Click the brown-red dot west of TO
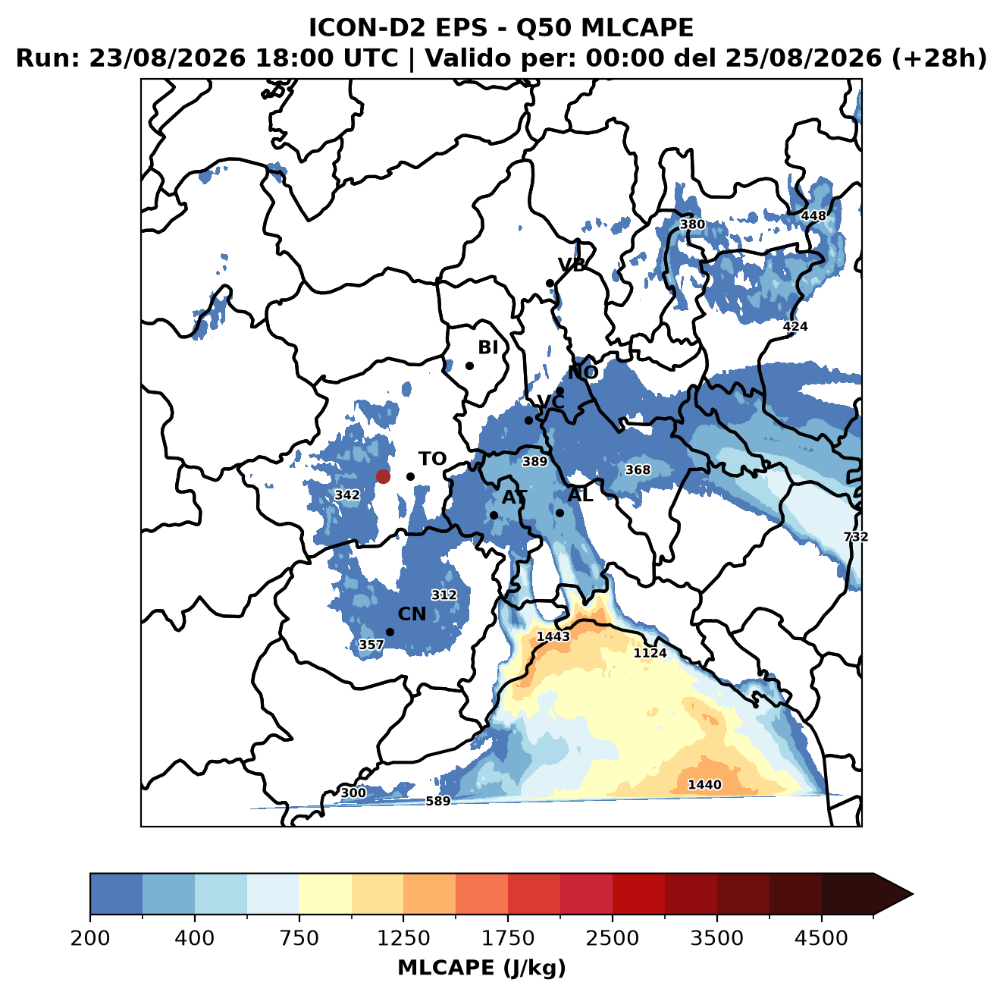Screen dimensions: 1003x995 [383, 476]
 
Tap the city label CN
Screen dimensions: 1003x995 [412, 614]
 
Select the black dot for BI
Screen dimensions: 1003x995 [469, 366]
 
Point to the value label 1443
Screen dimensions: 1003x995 [553, 636]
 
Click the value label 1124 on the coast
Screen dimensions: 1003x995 [650, 653]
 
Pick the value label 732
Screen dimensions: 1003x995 [856, 536]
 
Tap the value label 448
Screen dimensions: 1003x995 [813, 215]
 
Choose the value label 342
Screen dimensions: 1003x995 [347, 494]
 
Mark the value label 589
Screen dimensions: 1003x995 [437, 801]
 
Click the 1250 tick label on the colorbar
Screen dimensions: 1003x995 [403, 937]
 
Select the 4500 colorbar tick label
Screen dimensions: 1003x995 [821, 937]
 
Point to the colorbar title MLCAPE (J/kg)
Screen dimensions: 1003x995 [481, 968]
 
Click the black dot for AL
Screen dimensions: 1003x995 [559, 513]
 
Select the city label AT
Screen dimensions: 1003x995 [514, 497]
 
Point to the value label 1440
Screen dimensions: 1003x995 [704, 784]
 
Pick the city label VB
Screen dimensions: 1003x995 [572, 265]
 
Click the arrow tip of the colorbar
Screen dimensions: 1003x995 [913, 894]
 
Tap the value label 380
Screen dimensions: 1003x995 [692, 224]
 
